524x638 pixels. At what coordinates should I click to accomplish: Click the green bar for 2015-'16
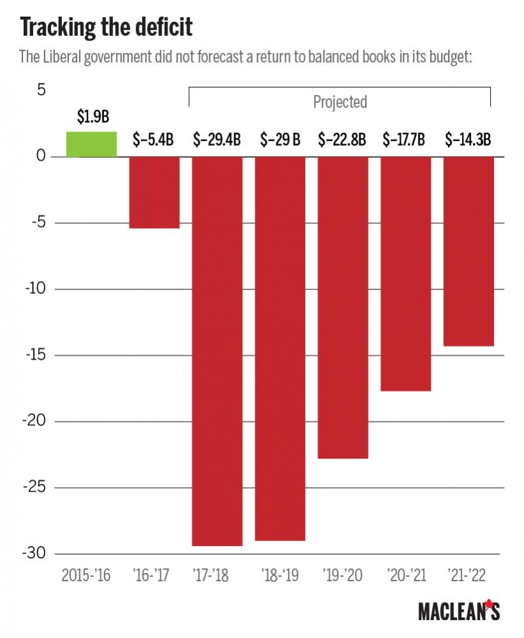click(x=92, y=144)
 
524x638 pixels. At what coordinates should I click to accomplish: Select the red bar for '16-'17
click(x=154, y=192)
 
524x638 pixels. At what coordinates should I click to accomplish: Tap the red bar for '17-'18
click(x=217, y=351)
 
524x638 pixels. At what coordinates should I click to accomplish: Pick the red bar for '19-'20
click(x=343, y=307)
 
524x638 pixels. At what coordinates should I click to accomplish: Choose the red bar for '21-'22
click(x=468, y=251)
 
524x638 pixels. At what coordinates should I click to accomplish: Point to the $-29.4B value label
click(x=217, y=140)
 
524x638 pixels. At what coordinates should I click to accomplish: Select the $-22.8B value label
click(x=342, y=140)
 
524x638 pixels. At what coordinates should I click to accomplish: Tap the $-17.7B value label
click(x=404, y=140)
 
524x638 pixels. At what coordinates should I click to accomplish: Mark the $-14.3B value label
click(x=468, y=140)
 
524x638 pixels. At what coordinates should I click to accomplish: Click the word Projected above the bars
click(x=340, y=102)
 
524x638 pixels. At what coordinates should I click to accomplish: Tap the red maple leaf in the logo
click(x=490, y=604)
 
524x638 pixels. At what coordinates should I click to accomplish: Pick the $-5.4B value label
click(x=154, y=140)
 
